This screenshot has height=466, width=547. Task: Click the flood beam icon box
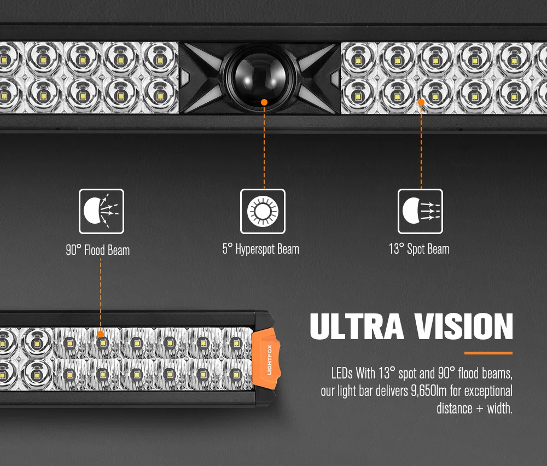[101, 211]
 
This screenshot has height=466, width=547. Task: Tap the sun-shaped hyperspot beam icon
[263, 211]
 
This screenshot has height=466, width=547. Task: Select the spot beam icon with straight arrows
[420, 211]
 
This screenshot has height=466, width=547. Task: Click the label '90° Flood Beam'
[98, 251]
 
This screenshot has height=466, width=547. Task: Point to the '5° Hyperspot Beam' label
[261, 249]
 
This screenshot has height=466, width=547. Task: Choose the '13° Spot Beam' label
[419, 249]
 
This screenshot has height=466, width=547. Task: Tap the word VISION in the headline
[463, 327]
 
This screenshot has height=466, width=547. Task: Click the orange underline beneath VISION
[488, 353]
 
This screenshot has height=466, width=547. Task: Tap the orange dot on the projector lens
[264, 102]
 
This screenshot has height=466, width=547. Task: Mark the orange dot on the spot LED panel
[421, 102]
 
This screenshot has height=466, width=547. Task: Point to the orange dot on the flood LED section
[101, 333]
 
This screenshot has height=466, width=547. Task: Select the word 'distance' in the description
[454, 408]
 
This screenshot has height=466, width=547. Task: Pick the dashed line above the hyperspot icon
[264, 145]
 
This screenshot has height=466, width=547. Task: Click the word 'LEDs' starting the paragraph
[342, 375]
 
